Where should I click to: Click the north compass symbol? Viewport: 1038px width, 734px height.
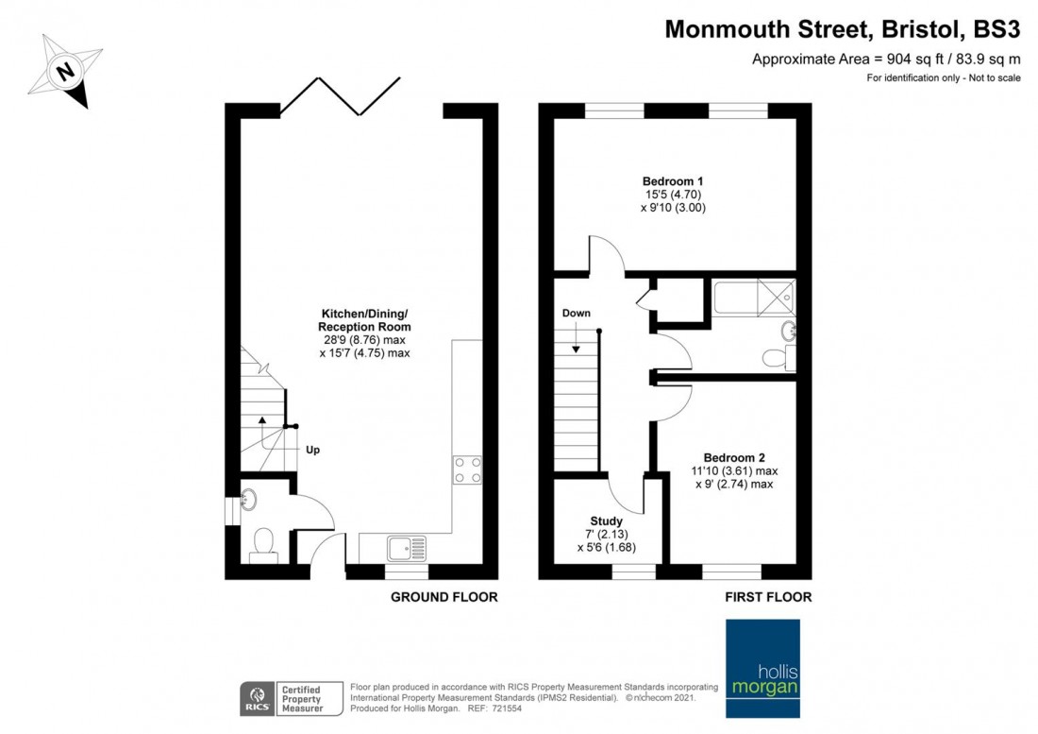click(x=65, y=70)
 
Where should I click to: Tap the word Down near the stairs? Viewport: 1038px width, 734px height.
click(x=576, y=313)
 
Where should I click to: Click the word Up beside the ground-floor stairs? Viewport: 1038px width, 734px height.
click(x=312, y=450)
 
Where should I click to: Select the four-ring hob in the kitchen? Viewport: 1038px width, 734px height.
click(x=466, y=469)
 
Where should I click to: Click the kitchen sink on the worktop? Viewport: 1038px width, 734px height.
click(x=407, y=546)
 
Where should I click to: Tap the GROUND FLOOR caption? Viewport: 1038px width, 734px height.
click(x=444, y=597)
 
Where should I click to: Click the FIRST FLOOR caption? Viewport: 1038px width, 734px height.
click(x=767, y=597)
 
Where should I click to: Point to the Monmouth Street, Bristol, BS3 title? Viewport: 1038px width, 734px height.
click(x=842, y=29)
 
